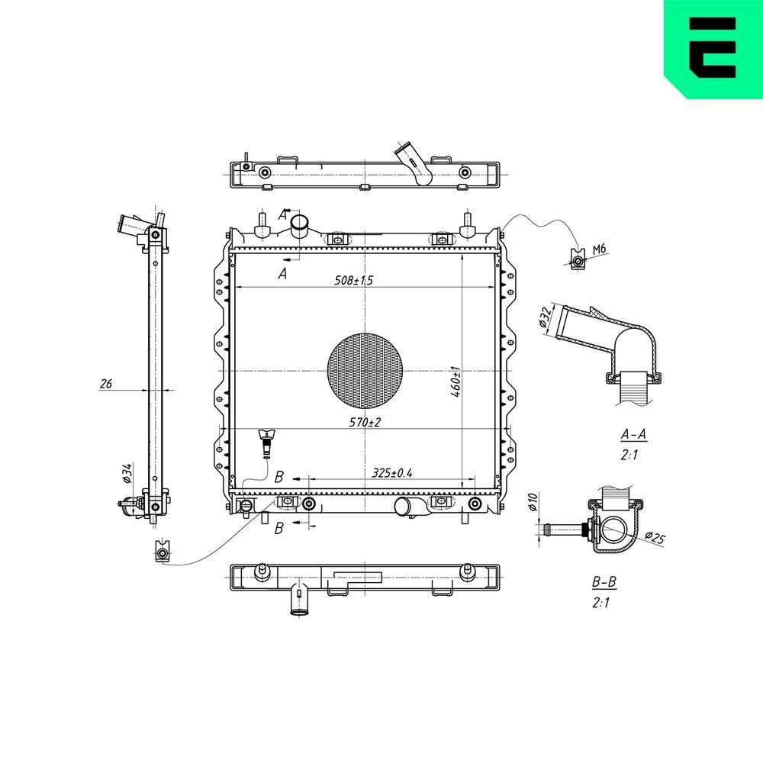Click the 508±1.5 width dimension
(354, 281)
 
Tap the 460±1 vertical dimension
(455, 379)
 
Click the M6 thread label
(599, 249)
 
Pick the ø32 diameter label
(545, 317)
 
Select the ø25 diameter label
(653, 539)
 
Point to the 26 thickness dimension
(106, 384)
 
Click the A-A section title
(633, 435)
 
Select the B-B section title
(604, 582)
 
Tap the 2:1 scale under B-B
(601, 602)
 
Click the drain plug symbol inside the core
(266, 443)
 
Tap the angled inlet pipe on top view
(414, 163)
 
